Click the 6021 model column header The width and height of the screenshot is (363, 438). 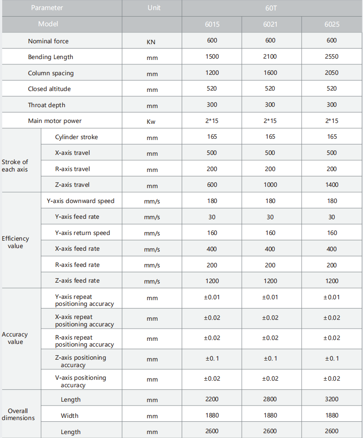pyautogui.click(x=270, y=25)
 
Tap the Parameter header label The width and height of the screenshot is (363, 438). pyautogui.click(x=47, y=8)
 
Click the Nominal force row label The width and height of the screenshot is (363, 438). pyautogui.click(x=48, y=41)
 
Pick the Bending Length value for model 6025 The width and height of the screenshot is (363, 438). pyautogui.click(x=331, y=56)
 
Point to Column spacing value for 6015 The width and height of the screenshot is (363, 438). pyautogui.click(x=212, y=73)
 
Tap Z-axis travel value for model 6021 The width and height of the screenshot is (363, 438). pyautogui.click(x=270, y=185)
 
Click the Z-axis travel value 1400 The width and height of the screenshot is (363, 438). pyautogui.click(x=331, y=185)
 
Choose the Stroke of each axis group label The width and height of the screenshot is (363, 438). pyautogui.click(x=15, y=165)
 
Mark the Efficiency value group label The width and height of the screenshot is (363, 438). pyautogui.click(x=15, y=242)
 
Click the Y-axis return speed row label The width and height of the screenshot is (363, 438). pyautogui.click(x=82, y=233)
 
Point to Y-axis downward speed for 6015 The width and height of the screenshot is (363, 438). pyautogui.click(x=212, y=201)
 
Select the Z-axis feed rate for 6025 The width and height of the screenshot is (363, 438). pyautogui.click(x=331, y=281)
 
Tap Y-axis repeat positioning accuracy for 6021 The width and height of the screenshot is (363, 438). pyautogui.click(x=270, y=298)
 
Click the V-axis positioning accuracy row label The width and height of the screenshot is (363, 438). pyautogui.click(x=80, y=381)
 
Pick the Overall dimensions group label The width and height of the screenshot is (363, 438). pyautogui.click(x=18, y=414)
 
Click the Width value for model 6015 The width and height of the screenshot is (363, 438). pyautogui.click(x=212, y=415)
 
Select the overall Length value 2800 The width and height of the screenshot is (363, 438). pyautogui.click(x=270, y=399)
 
